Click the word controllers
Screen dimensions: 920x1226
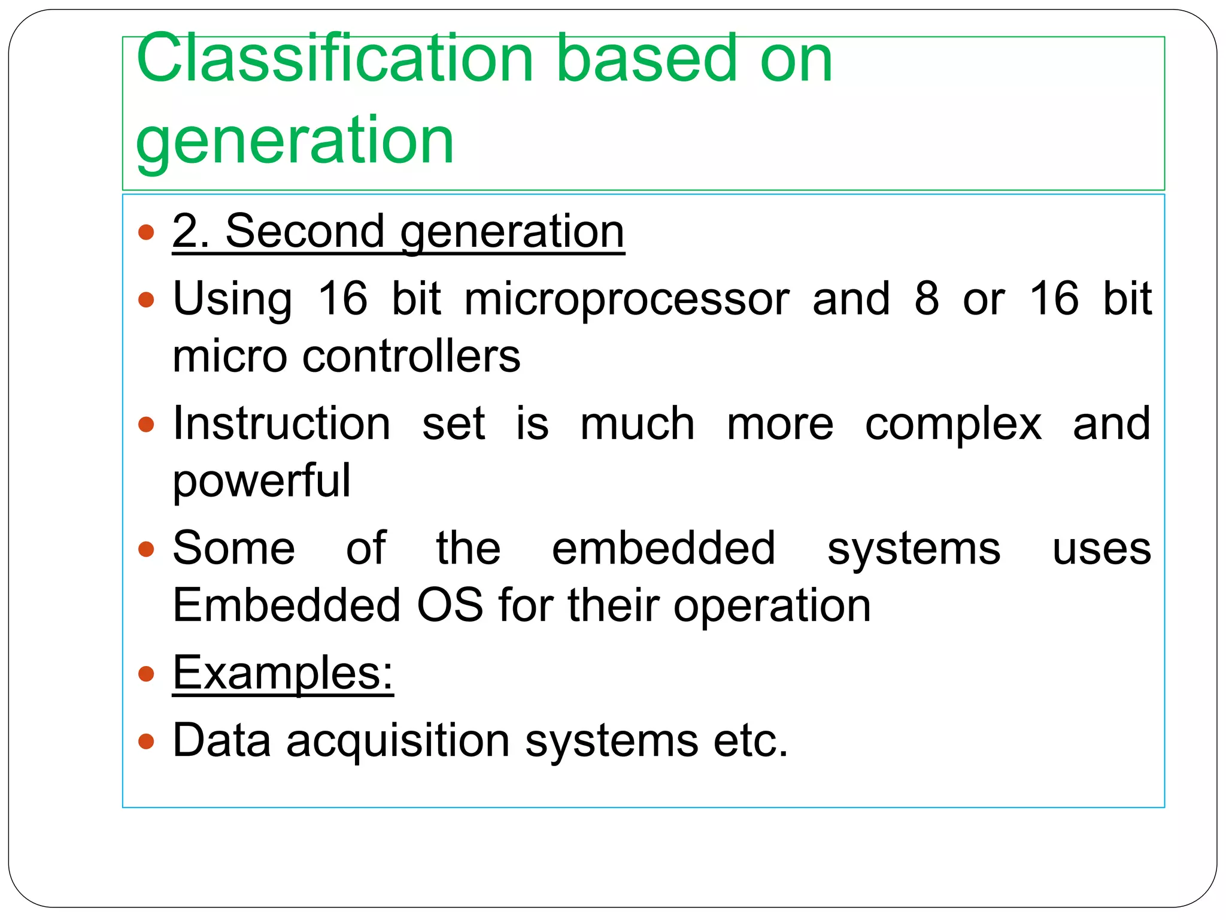[411, 356]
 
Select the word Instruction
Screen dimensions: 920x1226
[281, 423]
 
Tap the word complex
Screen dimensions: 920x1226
[953, 423]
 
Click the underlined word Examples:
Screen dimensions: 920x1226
[283, 673]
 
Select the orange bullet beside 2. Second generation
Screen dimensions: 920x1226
[146, 232]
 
